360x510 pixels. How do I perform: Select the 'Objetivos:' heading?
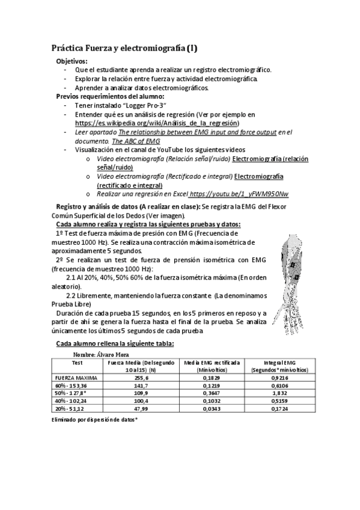click(72, 61)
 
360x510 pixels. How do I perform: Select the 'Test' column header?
click(77, 363)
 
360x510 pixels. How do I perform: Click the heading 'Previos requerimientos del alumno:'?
click(110, 96)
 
